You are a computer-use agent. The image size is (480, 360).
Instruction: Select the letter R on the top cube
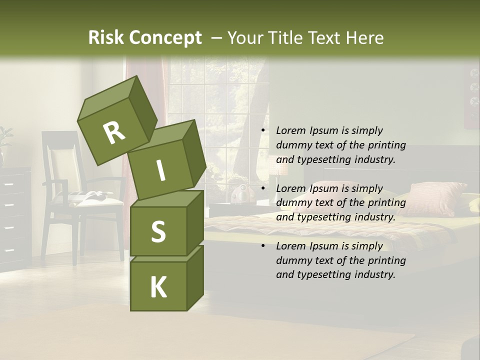[114, 132]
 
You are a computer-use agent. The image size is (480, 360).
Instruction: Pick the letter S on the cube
[158, 231]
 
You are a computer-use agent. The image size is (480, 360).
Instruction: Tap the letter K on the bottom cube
[158, 287]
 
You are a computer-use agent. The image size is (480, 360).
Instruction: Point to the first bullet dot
[263, 131]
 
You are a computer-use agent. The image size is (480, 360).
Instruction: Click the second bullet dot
[263, 189]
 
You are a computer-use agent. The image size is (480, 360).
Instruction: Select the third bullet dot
[263, 246]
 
